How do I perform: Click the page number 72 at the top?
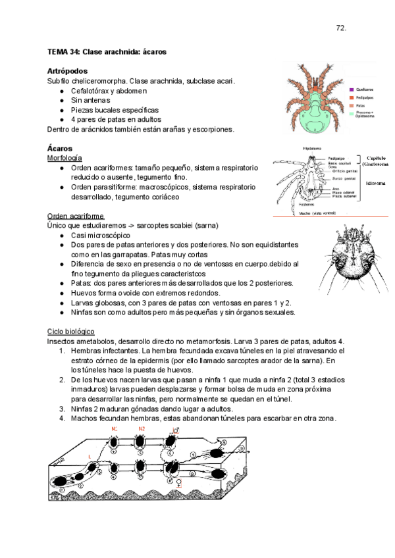(x=341, y=28)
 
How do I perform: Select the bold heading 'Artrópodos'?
(x=68, y=70)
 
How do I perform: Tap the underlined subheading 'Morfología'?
(x=65, y=159)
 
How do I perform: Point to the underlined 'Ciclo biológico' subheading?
(x=71, y=331)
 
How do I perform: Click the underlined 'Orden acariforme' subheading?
(x=76, y=216)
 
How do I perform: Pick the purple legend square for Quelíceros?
(x=352, y=89)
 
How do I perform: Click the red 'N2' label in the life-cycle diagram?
(x=141, y=429)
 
